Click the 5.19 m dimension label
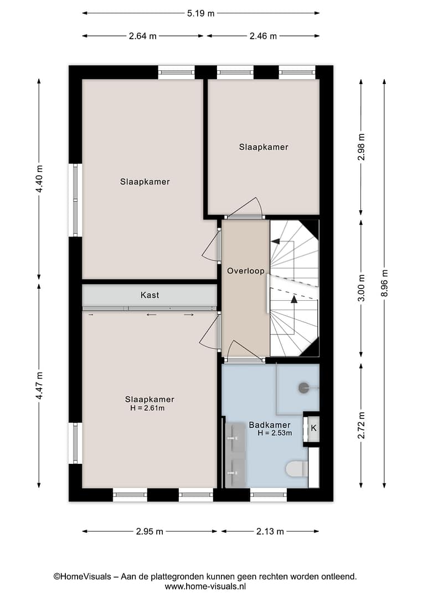[200, 13]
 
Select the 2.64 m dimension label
[143, 36]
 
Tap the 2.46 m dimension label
[263, 36]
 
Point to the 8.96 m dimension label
[384, 283]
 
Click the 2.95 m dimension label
[149, 532]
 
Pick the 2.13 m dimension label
[270, 532]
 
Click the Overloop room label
[246, 271]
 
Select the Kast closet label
[149, 295]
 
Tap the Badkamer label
[270, 425]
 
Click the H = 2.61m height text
[147, 408]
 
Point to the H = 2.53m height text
[275, 433]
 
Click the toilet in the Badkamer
[297, 469]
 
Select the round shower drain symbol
[303, 388]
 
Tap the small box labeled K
[313, 428]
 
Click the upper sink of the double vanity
[235, 438]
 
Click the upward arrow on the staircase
[293, 299]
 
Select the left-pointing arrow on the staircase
[275, 242]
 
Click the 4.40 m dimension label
[39, 179]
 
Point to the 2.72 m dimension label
[361, 425]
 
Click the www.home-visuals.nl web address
[205, 586]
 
